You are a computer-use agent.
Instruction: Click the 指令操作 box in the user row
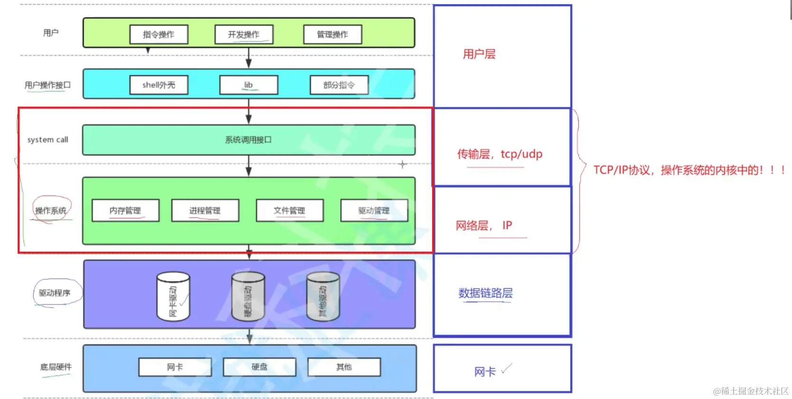(x=159, y=35)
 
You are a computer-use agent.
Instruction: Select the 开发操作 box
(x=244, y=35)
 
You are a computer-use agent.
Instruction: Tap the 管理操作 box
(x=332, y=35)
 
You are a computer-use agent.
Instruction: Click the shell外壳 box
(x=159, y=85)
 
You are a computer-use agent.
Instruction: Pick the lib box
(x=248, y=85)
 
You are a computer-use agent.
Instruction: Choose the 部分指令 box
(x=339, y=85)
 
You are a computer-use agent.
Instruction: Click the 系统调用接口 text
(x=248, y=140)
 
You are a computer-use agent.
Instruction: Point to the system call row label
(x=47, y=140)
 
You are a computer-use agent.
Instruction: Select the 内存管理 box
(x=125, y=210)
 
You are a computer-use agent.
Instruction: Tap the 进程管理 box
(x=205, y=210)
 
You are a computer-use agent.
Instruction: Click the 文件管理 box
(x=289, y=210)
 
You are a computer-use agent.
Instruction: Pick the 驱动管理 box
(x=374, y=210)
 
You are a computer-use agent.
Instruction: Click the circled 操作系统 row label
(x=51, y=210)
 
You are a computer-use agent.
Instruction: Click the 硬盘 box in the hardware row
(x=259, y=367)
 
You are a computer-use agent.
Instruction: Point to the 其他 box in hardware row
(x=344, y=367)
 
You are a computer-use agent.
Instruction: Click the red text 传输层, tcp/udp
(x=500, y=154)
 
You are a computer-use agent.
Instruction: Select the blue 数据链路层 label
(x=485, y=293)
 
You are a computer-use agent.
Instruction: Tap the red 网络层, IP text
(x=484, y=225)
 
